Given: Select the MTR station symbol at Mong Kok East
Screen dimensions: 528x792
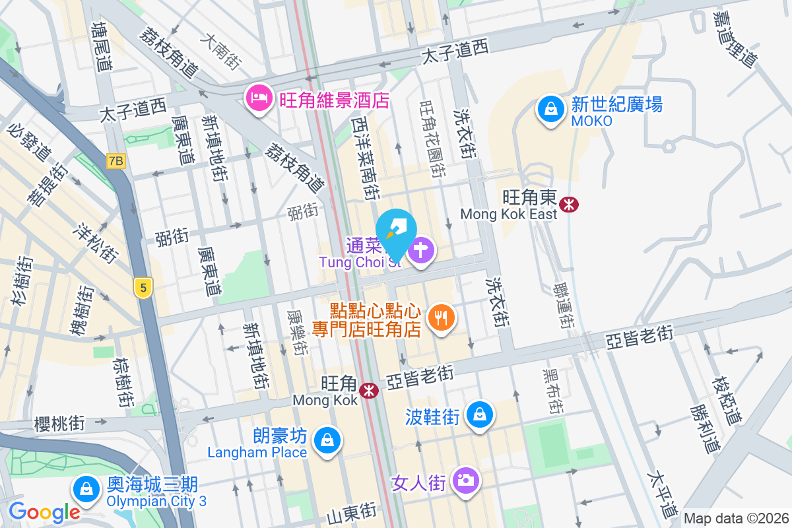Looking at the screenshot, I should tap(568, 205).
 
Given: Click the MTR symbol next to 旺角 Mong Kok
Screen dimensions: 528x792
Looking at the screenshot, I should tap(368, 391).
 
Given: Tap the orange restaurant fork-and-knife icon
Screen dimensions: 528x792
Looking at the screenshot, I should tap(441, 318).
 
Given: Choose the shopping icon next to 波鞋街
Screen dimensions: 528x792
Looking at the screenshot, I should tap(478, 414).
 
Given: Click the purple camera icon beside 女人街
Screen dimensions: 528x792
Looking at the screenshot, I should tap(467, 480).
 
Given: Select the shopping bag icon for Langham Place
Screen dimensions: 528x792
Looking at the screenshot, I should tap(327, 440).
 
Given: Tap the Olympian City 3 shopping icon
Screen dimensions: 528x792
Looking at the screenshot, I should tap(86, 490).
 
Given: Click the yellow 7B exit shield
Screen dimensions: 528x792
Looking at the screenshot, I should tap(116, 161).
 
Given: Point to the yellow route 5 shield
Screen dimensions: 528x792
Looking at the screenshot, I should tap(142, 288).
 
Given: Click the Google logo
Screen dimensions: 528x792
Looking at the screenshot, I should tap(44, 511).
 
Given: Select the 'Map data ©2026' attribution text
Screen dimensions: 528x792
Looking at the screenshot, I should tap(735, 518).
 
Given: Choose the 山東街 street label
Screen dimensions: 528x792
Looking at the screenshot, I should tap(352, 511).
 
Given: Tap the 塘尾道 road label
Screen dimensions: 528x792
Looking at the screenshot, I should tap(102, 47).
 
